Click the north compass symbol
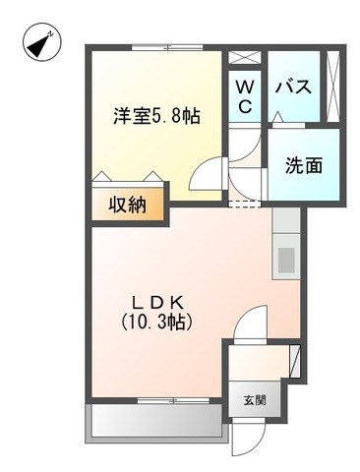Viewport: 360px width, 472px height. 36,45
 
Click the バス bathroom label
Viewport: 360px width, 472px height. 292,87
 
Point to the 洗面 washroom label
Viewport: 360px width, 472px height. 304,165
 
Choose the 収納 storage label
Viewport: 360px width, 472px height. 129,205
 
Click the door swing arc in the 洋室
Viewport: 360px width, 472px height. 206,175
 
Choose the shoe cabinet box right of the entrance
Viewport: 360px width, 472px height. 293,360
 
